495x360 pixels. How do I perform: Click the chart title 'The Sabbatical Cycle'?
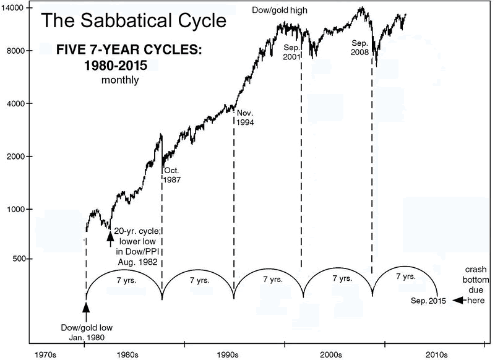pos(133,20)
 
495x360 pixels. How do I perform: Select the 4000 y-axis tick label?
pos(14,103)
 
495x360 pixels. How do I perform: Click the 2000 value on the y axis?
pos(14,156)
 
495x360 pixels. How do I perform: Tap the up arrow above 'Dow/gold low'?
pos(86,307)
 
